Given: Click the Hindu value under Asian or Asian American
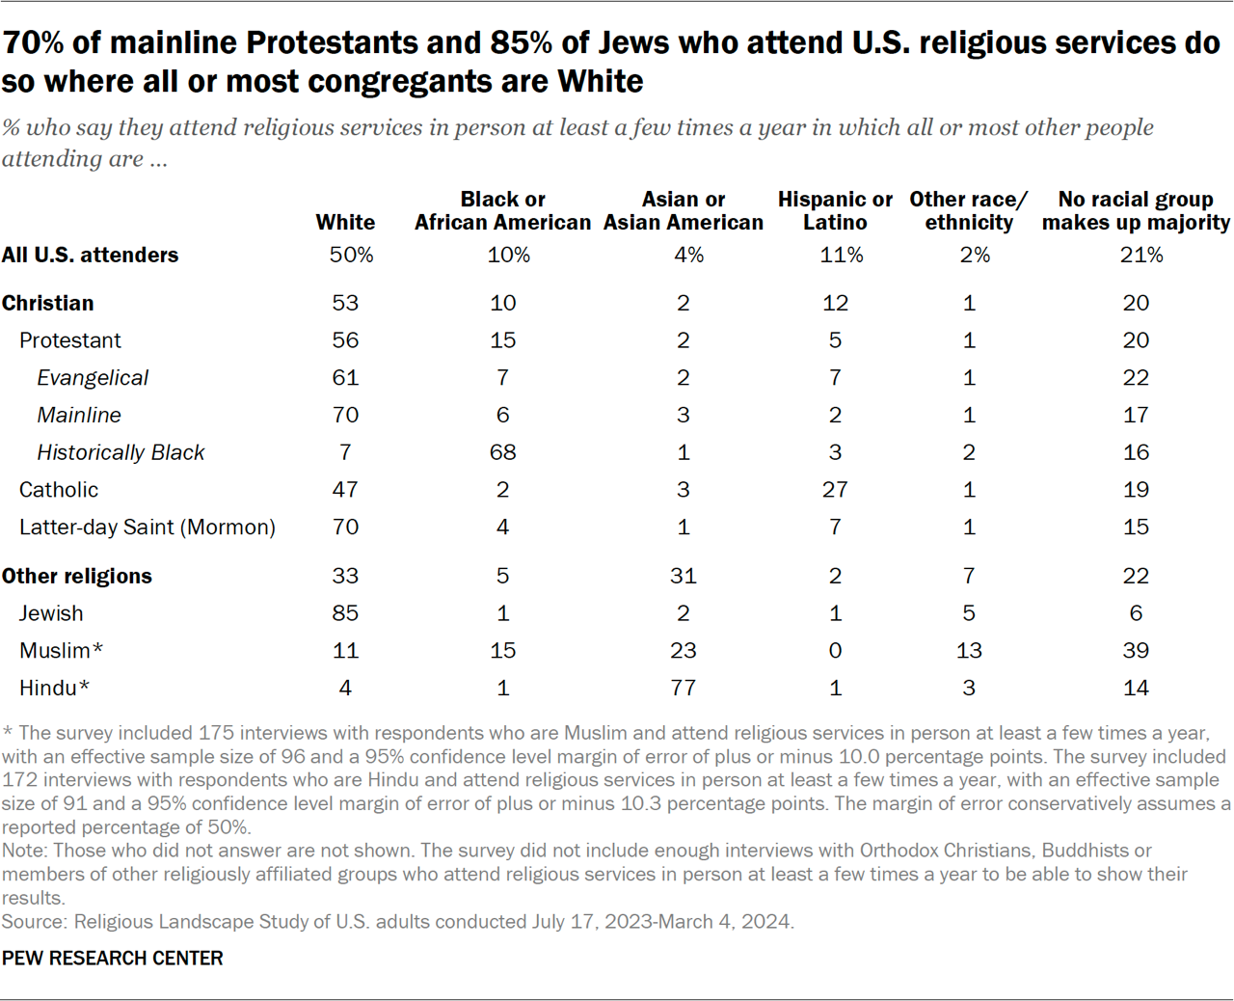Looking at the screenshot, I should point(683,688).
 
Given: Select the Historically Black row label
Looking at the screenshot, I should point(121,452).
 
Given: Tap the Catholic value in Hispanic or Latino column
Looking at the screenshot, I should point(834,490).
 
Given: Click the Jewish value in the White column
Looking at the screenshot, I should point(345,613).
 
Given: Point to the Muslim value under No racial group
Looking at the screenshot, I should point(1135,651).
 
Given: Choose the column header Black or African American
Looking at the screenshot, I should point(502,211).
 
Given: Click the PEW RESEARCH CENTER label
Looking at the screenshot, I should point(112,958).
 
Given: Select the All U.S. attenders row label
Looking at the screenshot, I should point(90,256).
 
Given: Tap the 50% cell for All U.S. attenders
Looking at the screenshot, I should point(351,256).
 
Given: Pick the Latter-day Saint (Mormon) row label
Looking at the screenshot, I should point(147,528).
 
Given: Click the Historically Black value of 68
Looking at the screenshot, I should point(502,452).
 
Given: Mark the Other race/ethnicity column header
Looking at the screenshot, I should point(968,211).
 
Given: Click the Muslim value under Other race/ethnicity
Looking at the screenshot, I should point(968,651).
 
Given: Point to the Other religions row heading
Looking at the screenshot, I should point(77,576).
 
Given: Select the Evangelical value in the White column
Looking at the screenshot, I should point(345,378).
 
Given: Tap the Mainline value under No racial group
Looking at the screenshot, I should point(1135,416).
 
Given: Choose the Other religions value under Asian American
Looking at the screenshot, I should point(683,576).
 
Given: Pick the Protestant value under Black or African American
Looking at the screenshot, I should point(502,340).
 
